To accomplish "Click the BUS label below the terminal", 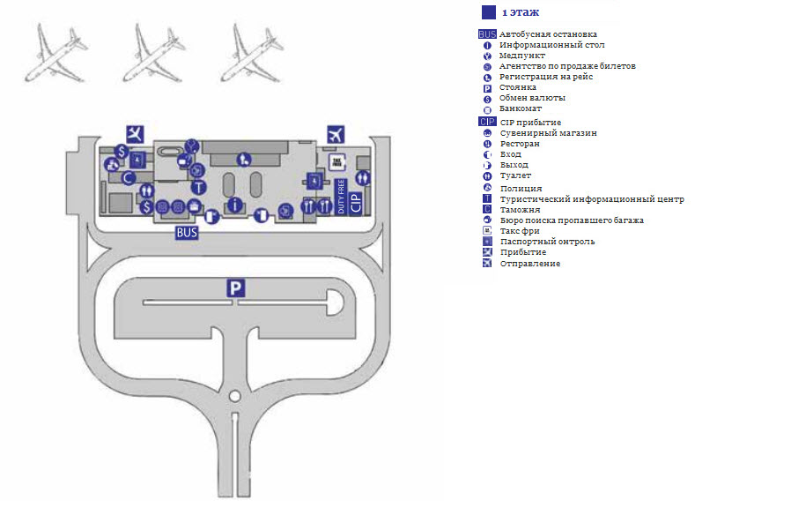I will coord(186,234).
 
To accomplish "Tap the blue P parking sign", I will coord(234,287).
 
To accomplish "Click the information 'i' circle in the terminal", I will coord(234,205).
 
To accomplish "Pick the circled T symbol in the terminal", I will coord(199,187).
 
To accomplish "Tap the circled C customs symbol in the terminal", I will coord(128,177).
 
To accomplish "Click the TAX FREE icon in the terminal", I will coord(336,161).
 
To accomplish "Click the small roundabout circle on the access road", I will coord(234,396).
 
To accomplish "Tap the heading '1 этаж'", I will coord(521,12).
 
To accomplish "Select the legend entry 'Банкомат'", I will coord(521,108).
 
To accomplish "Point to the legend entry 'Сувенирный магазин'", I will coord(548,133).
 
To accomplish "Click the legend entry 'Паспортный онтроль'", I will coord(547,242).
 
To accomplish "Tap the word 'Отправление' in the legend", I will coord(529,264).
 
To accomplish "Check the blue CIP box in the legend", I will coord(487,122).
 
